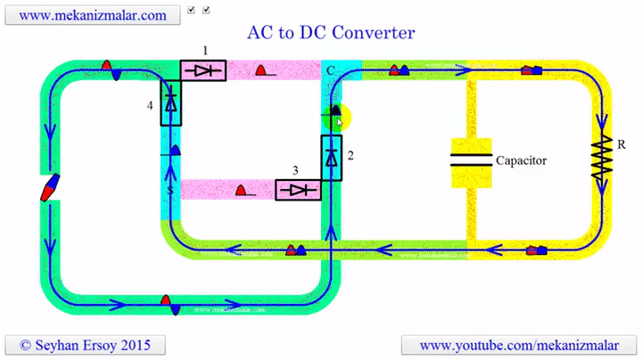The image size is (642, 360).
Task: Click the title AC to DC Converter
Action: (330, 33)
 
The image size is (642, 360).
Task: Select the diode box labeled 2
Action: (331, 158)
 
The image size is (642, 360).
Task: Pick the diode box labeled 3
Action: (297, 190)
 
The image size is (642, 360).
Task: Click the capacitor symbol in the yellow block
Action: (472, 160)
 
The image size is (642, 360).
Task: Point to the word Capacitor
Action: (521, 160)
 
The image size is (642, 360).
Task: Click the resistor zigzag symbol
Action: (604, 161)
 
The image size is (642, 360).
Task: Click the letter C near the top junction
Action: (330, 70)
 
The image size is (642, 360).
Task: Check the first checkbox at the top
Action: (191, 10)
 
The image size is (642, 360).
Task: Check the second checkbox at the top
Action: (207, 10)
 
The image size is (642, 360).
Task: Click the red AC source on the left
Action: (50, 187)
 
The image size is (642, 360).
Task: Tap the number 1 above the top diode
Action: (204, 50)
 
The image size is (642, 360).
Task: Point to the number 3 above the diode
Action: (295, 169)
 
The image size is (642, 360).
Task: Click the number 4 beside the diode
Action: (151, 105)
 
